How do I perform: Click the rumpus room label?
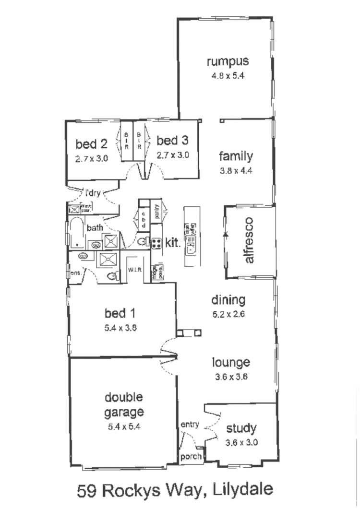(x=228, y=61)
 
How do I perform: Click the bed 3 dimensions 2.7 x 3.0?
(x=173, y=155)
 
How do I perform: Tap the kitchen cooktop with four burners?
(x=156, y=243)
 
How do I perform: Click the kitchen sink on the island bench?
(x=192, y=248)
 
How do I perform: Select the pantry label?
(x=156, y=211)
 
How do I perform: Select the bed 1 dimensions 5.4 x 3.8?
(x=120, y=330)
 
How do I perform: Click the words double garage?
(x=124, y=404)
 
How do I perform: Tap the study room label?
(x=241, y=428)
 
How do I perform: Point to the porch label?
(x=190, y=457)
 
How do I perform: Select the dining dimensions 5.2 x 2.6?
(x=228, y=314)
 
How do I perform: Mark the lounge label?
(x=232, y=362)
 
